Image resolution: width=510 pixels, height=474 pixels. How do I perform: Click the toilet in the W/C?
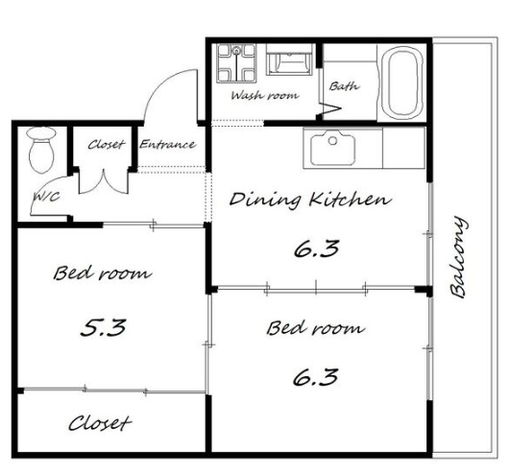tap(41, 150)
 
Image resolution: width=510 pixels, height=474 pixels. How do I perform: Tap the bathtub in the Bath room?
tap(403, 83)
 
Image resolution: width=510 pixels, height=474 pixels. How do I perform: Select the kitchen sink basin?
tap(332, 148)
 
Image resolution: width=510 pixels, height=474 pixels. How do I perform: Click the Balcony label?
tap(458, 257)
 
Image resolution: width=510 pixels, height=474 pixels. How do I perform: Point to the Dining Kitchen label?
tap(310, 200)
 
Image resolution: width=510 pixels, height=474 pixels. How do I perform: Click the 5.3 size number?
tap(103, 327)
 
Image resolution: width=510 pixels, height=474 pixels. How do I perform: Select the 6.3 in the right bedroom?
tap(315, 377)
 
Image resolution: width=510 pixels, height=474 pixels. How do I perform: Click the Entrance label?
tap(167, 144)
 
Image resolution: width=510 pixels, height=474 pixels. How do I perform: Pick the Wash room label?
tap(265, 95)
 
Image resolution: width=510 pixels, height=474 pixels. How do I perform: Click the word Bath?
tap(344, 86)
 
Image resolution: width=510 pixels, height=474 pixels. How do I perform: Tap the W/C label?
tap(47, 197)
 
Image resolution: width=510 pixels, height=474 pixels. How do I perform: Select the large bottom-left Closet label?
tap(100, 423)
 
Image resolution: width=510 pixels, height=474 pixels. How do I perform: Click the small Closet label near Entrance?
tap(107, 145)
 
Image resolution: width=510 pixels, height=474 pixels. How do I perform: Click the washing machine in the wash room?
tap(237, 63)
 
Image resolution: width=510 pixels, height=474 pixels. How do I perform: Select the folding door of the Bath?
tap(329, 109)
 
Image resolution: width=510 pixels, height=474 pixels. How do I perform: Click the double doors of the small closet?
tap(104, 184)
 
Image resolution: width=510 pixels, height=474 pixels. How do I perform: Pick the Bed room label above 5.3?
tap(102, 273)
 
